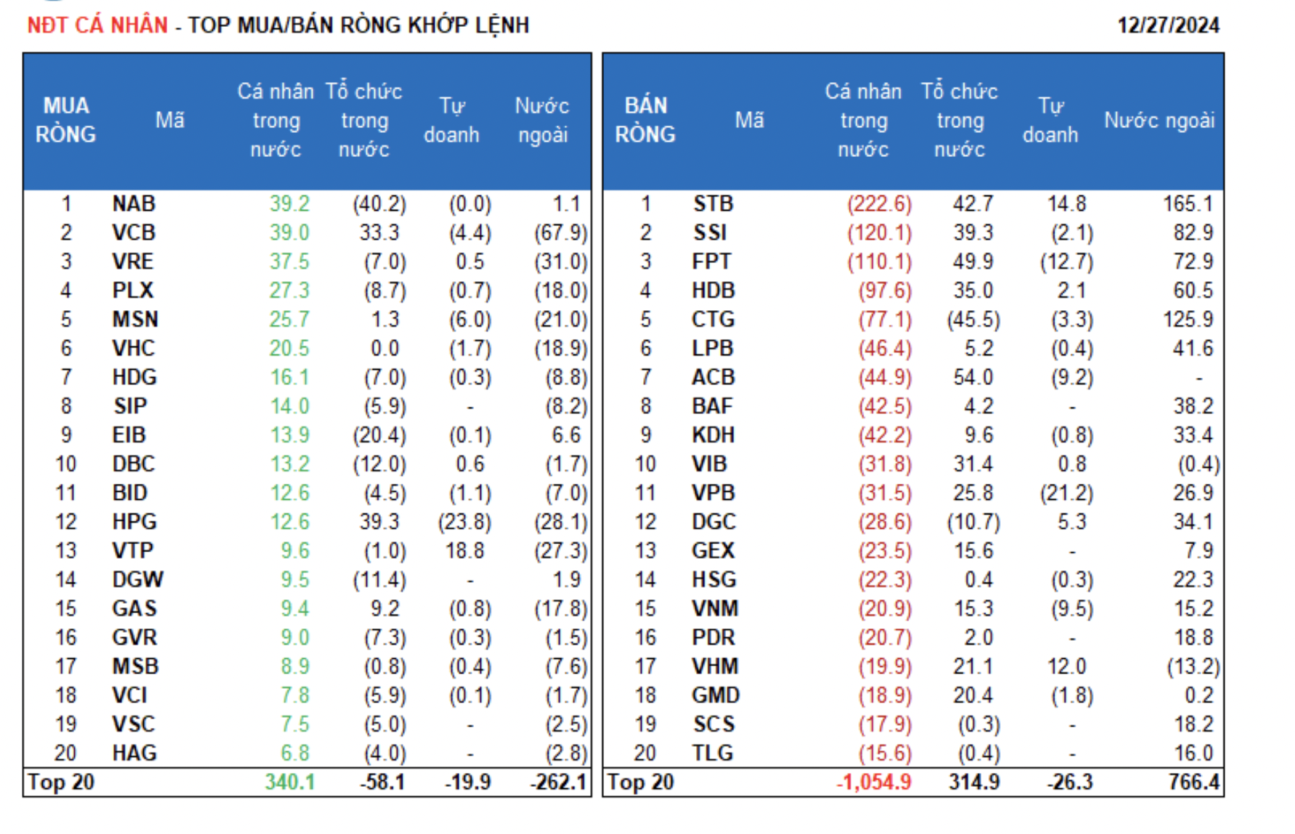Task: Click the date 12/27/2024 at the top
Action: tap(1168, 25)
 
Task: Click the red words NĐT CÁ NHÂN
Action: tap(97, 25)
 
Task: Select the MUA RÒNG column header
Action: tap(65, 120)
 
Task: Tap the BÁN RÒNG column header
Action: tap(645, 120)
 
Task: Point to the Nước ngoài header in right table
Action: tap(1159, 120)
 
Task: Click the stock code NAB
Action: tap(134, 203)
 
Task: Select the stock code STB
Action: tap(713, 203)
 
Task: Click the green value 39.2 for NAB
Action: tap(289, 203)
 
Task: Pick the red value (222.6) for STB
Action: tap(879, 203)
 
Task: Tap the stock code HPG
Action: tap(134, 522)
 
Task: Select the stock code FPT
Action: tap(711, 262)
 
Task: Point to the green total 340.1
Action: tap(289, 782)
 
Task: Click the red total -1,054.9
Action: tap(874, 782)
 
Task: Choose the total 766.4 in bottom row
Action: tap(1193, 782)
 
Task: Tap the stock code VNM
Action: tap(715, 608)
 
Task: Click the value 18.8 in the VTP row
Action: tap(464, 551)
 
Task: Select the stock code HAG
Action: tap(134, 753)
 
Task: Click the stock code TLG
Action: tap(712, 753)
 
